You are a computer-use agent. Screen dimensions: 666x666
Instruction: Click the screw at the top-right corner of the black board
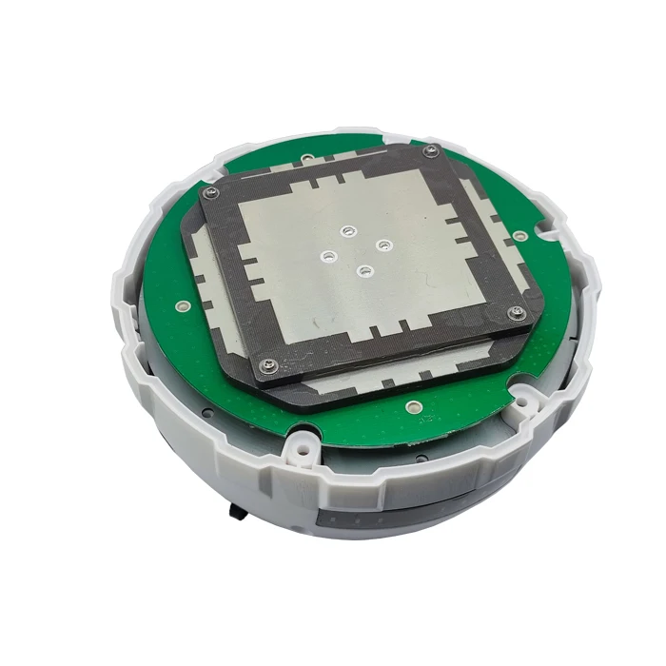(x=432, y=150)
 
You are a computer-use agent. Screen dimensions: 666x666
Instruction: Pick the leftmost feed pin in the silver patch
(x=329, y=256)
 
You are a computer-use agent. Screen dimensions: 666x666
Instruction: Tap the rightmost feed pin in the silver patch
(x=383, y=245)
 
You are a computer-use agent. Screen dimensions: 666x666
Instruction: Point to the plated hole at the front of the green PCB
(x=413, y=408)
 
